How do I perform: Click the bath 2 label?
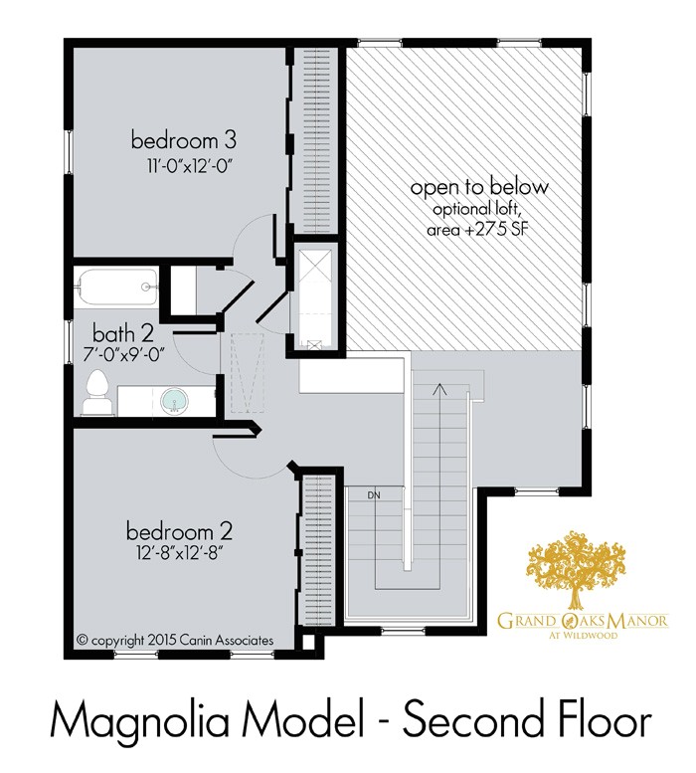[x=123, y=331]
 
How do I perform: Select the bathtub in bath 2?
[x=115, y=288]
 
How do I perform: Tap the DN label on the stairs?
[x=374, y=494]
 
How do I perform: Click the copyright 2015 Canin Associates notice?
[x=175, y=640]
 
